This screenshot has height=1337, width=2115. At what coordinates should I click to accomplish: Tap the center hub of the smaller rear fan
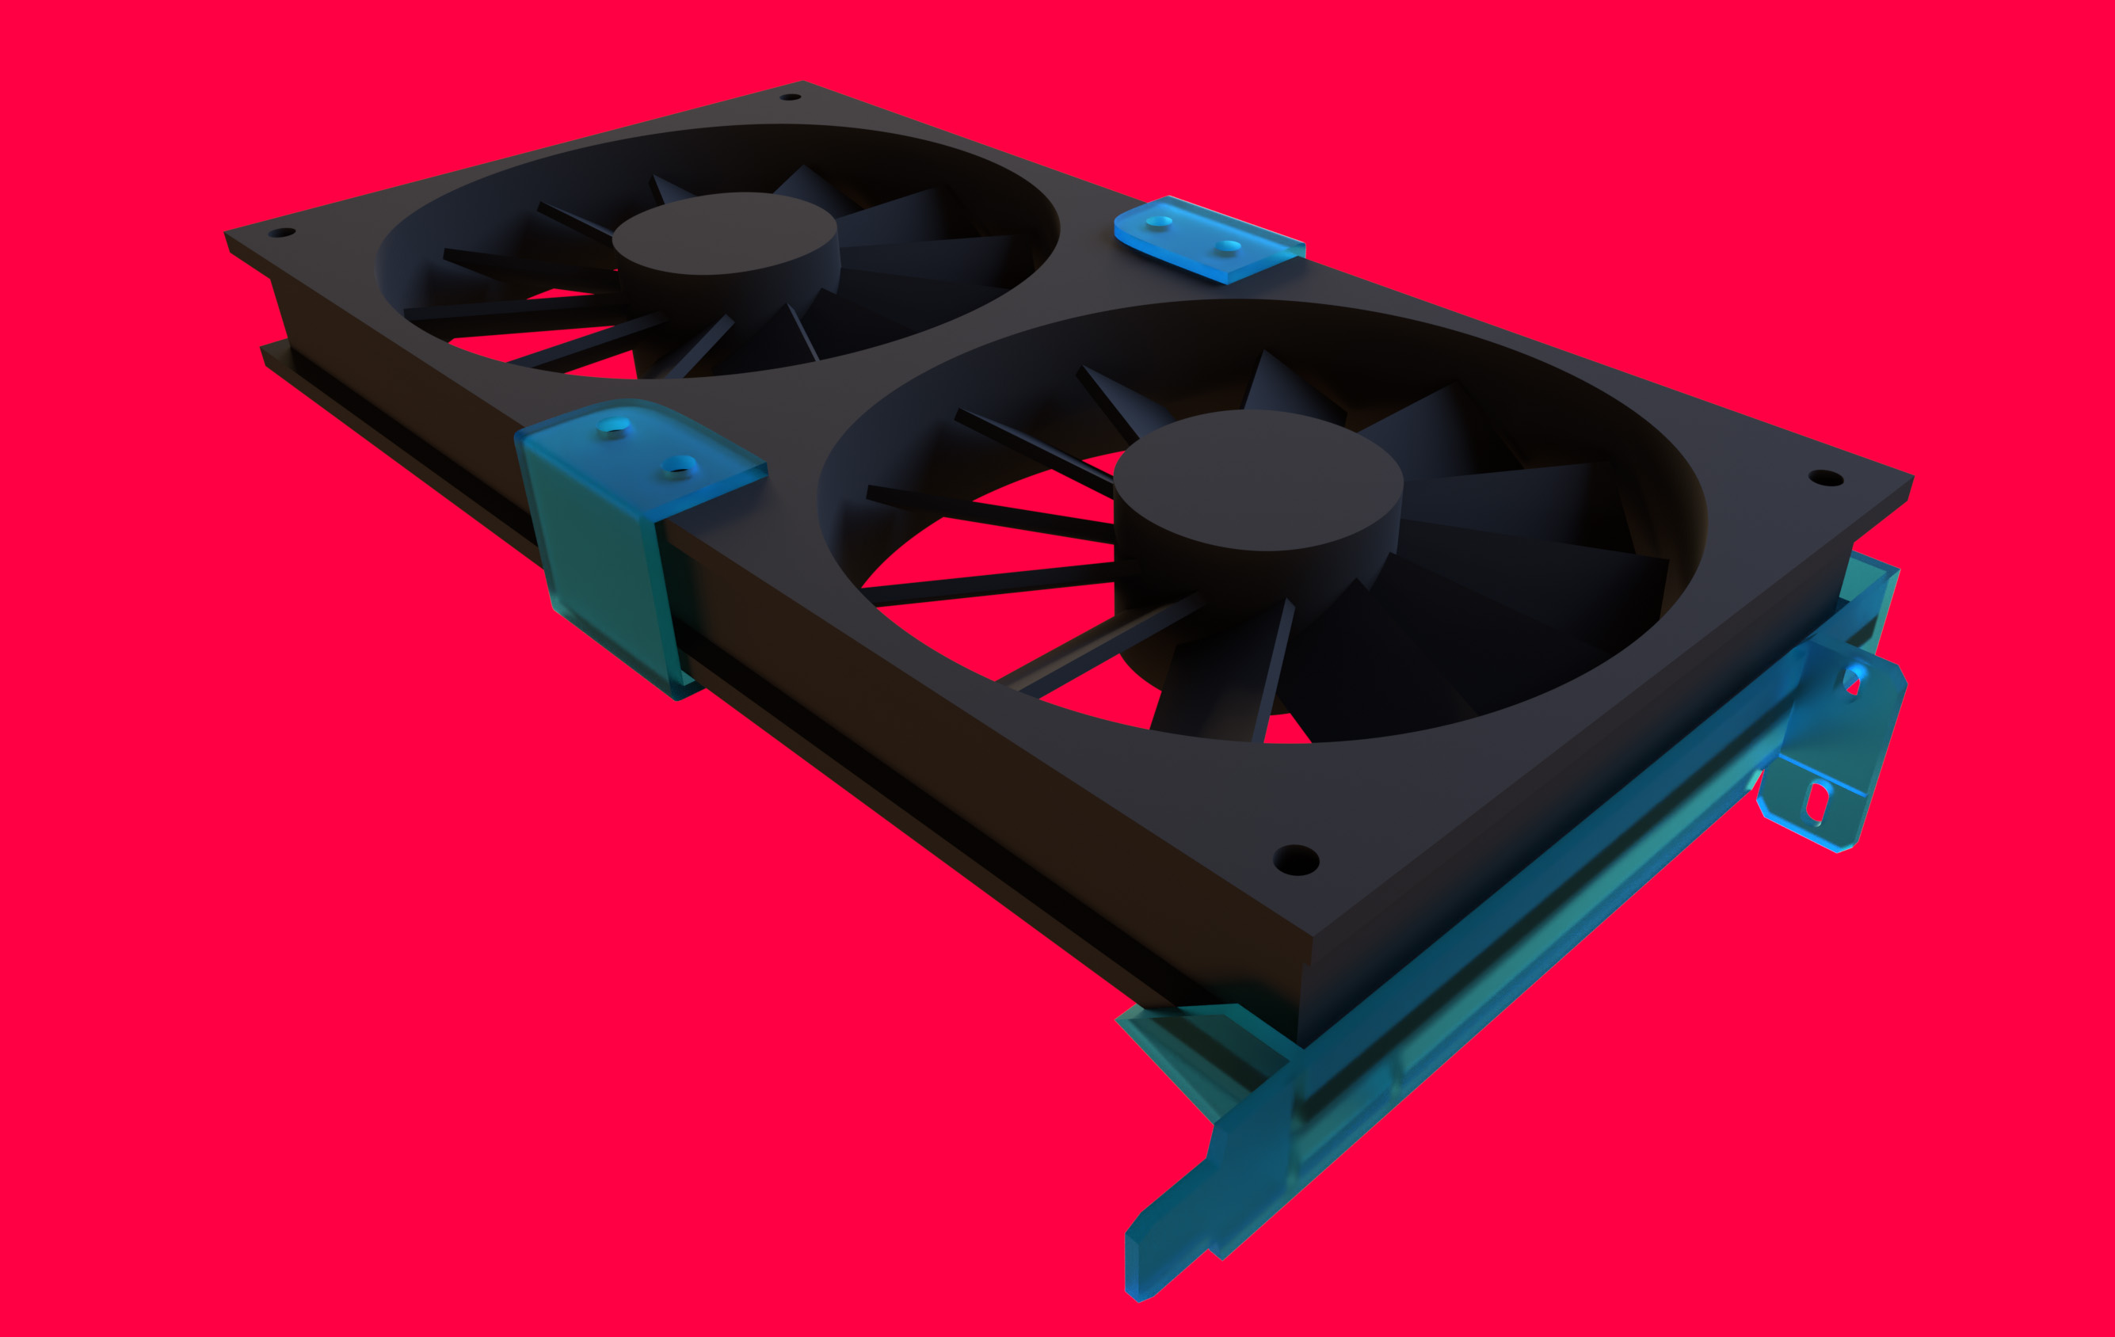point(724,233)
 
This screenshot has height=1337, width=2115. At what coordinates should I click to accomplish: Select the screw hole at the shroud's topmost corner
point(790,97)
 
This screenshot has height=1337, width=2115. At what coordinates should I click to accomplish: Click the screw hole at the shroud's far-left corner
point(281,233)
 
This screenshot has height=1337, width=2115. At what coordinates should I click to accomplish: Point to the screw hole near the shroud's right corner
point(1826,478)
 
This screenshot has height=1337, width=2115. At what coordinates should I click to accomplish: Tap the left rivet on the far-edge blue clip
point(1159,221)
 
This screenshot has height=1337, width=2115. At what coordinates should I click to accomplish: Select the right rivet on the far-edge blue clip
point(1229,246)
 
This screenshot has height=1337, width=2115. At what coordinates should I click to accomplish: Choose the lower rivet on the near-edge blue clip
point(679,465)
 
